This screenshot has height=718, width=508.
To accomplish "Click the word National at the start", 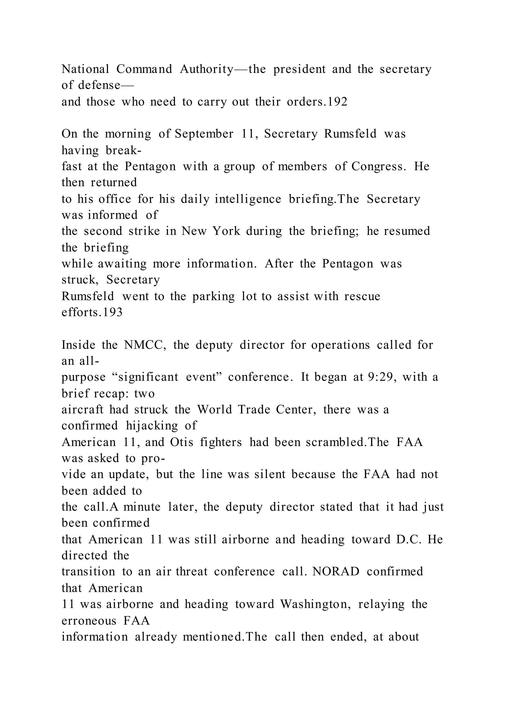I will coord(85,69).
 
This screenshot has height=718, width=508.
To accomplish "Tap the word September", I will coord(204,134).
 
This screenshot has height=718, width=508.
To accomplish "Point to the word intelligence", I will coord(248,199).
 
